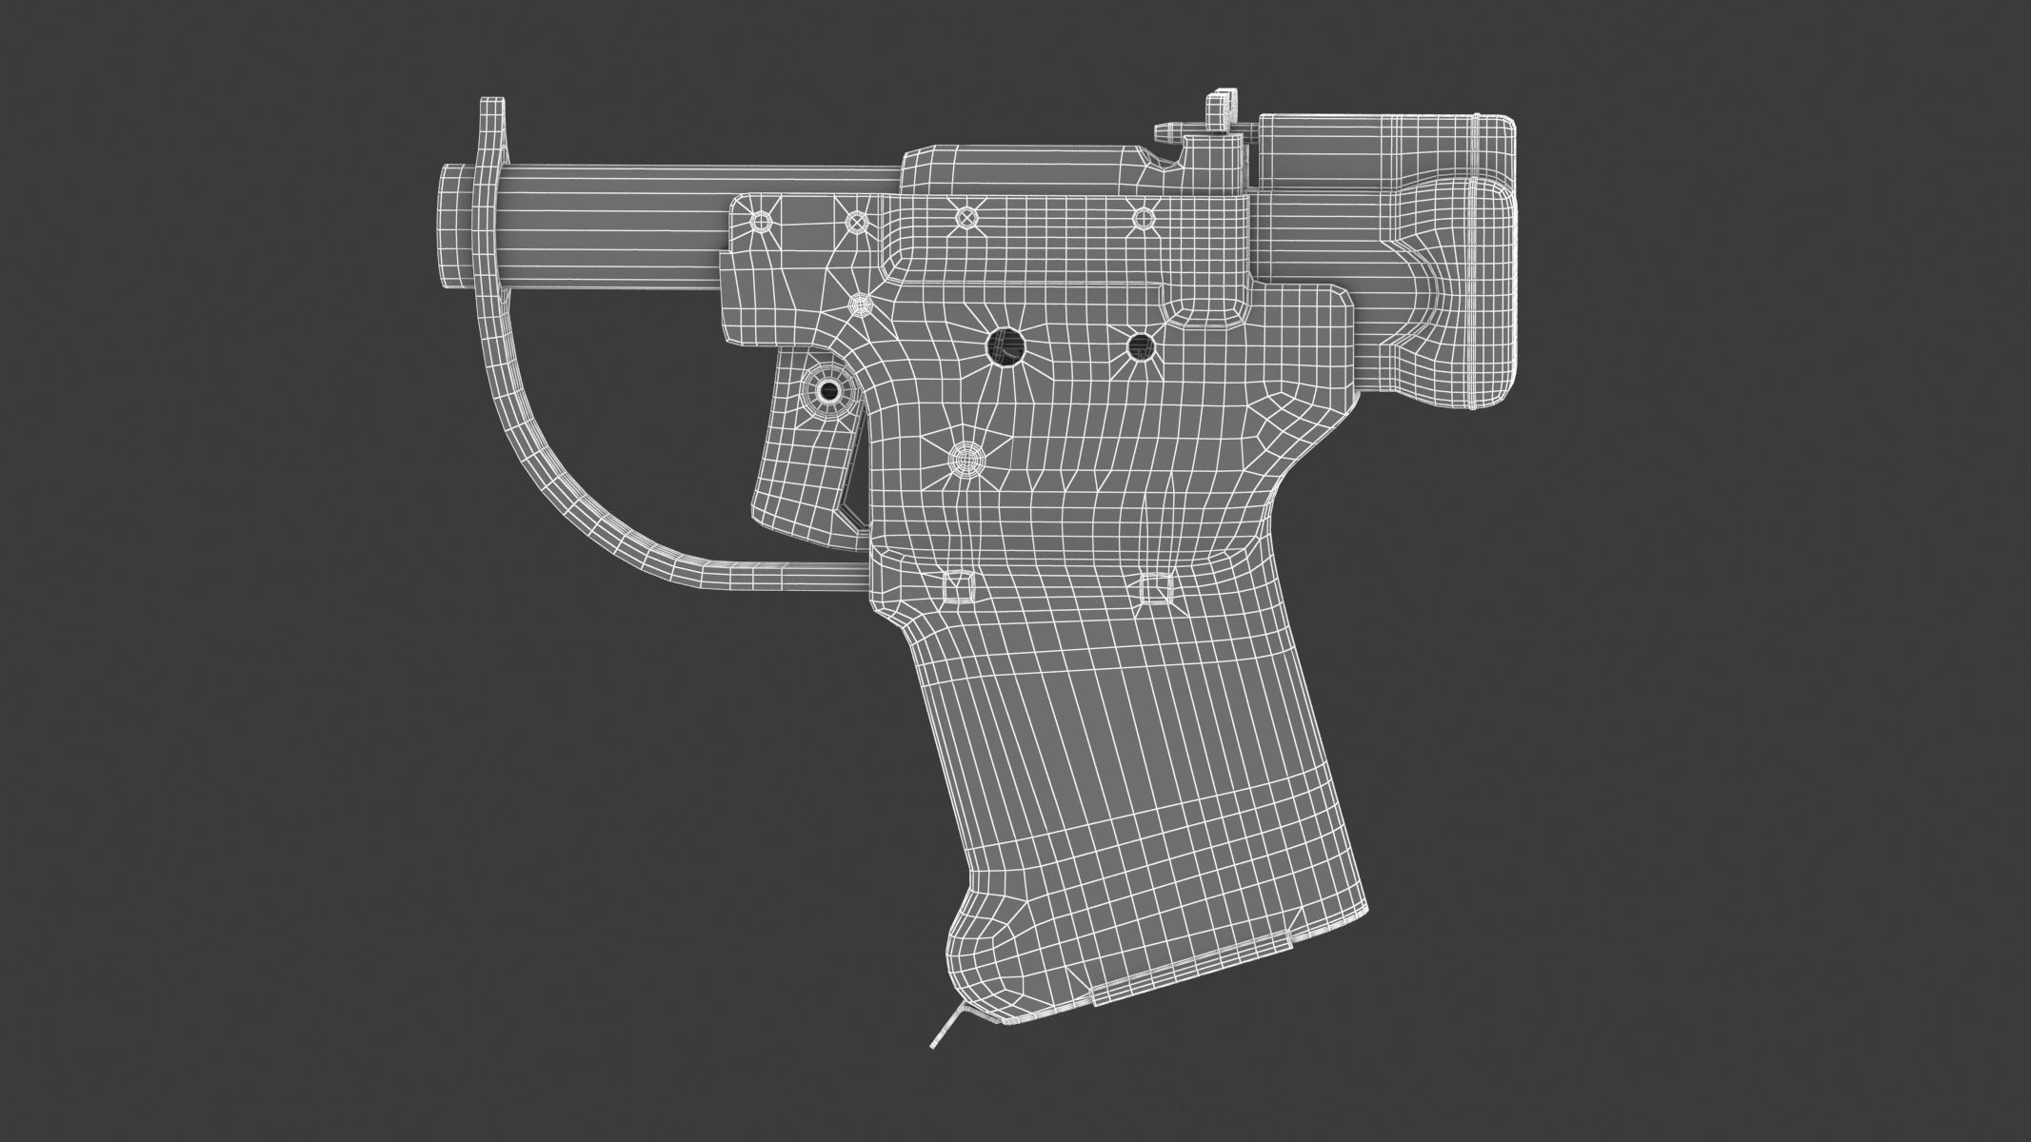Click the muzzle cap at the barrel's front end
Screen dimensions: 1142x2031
(454, 224)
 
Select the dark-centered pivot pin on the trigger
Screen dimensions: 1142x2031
(829, 389)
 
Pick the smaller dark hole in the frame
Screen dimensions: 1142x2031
(1140, 345)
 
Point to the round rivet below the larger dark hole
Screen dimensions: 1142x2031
(967, 463)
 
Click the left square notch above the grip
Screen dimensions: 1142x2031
(956, 587)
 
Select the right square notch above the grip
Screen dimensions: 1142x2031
(1155, 588)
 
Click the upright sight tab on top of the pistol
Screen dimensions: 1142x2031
(1220, 112)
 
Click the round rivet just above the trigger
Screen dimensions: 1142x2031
(860, 305)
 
